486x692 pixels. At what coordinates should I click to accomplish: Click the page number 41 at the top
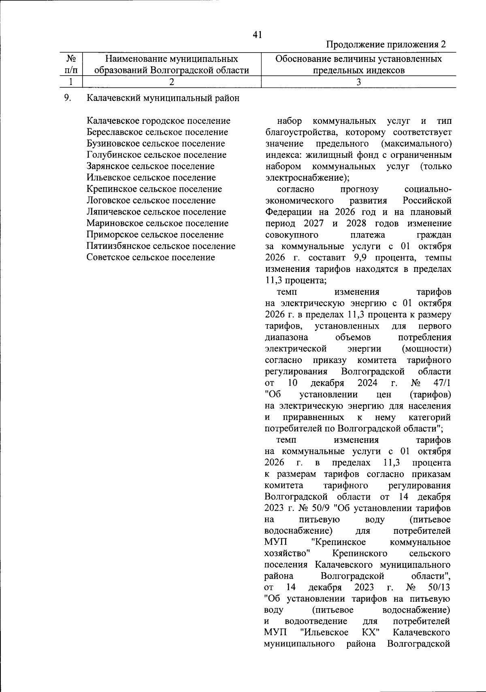(x=257, y=35)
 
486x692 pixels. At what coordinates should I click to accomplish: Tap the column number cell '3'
(x=358, y=82)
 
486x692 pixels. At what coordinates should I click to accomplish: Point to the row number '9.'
(x=68, y=98)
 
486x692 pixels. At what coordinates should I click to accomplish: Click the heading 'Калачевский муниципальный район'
(x=163, y=98)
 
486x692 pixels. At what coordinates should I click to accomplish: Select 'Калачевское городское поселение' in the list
(x=158, y=121)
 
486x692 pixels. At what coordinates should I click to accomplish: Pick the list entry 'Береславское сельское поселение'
(x=157, y=132)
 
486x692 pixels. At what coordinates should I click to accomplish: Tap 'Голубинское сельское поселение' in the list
(x=156, y=155)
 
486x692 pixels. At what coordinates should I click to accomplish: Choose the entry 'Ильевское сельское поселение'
(x=151, y=177)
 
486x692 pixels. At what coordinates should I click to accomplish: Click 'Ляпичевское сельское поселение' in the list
(x=156, y=212)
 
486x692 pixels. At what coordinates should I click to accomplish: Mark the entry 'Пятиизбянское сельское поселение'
(x=161, y=246)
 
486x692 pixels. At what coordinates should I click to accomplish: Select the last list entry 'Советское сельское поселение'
(x=151, y=257)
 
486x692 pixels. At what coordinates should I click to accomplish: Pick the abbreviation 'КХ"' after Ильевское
(x=367, y=632)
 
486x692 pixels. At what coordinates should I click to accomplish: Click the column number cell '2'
(x=172, y=82)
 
